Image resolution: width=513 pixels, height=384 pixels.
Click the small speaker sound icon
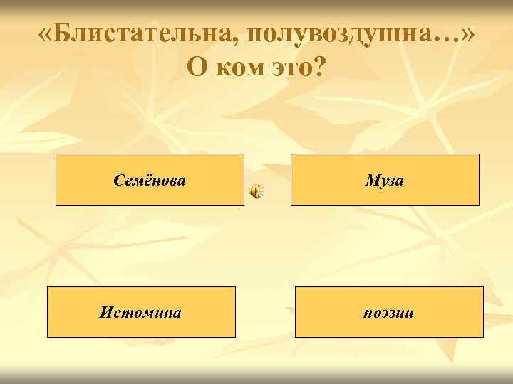click(256, 191)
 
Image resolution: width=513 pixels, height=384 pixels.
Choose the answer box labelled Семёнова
click(150, 180)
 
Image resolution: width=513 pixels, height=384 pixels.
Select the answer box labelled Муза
click(385, 180)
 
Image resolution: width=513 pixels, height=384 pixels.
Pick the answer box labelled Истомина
click(141, 311)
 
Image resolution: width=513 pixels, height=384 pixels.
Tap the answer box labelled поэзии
click(389, 311)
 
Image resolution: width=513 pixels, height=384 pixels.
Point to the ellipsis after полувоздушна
click(442, 37)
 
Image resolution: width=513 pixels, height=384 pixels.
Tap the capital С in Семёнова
click(119, 180)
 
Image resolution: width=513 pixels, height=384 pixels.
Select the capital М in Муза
click(371, 180)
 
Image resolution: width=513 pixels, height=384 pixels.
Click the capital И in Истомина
click(105, 311)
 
